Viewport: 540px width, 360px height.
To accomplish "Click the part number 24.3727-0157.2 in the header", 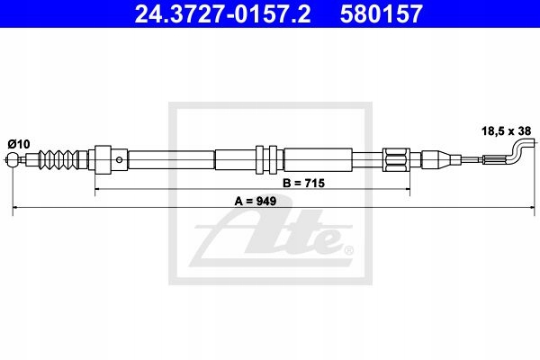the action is click(222, 13).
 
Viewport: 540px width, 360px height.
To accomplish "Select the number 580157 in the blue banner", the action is click(381, 13).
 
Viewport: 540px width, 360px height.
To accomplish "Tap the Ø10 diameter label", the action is click(19, 144).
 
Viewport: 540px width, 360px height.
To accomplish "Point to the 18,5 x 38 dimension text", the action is click(506, 130).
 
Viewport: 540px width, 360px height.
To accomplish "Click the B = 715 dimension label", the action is click(303, 183).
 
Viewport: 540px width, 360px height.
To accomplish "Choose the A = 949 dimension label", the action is click(256, 201).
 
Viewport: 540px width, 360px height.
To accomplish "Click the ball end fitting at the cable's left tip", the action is click(13, 159).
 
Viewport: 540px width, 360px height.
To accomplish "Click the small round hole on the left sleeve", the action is click(119, 159).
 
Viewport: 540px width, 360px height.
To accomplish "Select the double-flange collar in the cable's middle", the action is click(266, 159).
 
